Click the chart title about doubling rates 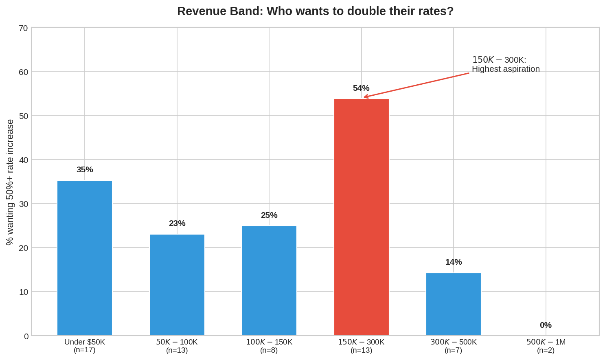coord(315,11)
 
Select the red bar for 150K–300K coord(361,217)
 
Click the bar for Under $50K coord(85,258)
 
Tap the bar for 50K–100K coord(177,285)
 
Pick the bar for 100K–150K coord(269,281)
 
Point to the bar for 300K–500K coord(453,304)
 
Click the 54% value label coord(361,88)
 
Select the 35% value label coord(85,170)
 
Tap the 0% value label coord(546,325)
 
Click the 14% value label coord(453,262)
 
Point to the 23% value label coord(177,224)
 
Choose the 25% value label coord(269,215)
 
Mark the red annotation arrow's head coord(365,97)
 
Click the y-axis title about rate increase coord(10,182)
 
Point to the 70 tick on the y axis coord(24,28)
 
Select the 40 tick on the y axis coord(24,160)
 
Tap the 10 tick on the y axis coord(24,292)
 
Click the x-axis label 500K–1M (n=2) coord(546,346)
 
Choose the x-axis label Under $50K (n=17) coord(85,346)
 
